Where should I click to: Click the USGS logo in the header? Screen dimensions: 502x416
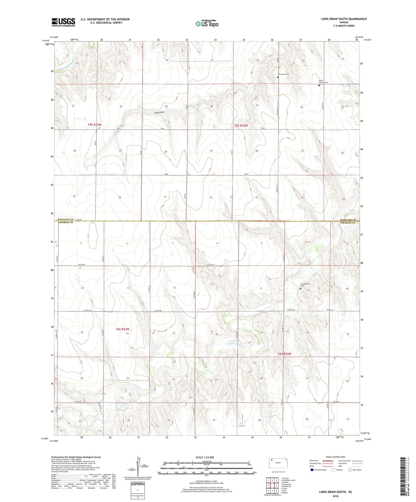tap(63, 22)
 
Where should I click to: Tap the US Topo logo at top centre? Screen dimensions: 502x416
tap(207, 24)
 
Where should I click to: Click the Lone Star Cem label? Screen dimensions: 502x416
tap(283, 74)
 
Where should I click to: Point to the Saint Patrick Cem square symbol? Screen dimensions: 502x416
tap(319, 86)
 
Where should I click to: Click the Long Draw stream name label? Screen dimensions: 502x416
tap(159, 112)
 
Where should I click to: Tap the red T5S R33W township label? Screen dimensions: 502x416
tap(95, 125)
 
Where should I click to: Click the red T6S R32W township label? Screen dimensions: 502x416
tap(285, 354)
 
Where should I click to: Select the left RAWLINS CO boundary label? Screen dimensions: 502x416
tap(65, 220)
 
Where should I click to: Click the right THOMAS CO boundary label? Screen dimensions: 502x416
tap(348, 223)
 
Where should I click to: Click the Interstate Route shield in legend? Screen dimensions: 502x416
tap(312, 470)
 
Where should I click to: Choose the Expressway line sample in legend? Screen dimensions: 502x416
tap(328, 461)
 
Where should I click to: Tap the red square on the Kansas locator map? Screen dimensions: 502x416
tap(272, 460)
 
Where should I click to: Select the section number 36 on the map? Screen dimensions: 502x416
tap(120, 197)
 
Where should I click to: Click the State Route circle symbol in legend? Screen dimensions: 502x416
tap(350, 470)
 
